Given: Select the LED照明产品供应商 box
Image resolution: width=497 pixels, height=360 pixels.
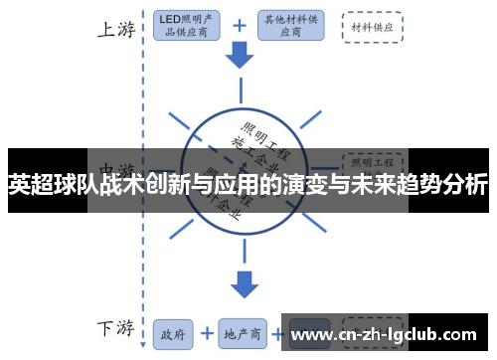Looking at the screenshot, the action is [188, 25].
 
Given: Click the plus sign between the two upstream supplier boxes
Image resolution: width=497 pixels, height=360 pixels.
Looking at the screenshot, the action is [239, 25].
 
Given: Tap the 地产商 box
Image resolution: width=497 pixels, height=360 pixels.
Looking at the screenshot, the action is [243, 333].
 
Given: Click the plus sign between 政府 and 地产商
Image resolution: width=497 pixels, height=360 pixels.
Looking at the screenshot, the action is [206, 333].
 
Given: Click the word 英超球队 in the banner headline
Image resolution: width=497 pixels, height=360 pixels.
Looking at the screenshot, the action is [50, 184].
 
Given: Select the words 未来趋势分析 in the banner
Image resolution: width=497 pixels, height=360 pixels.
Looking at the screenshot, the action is [427, 184].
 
